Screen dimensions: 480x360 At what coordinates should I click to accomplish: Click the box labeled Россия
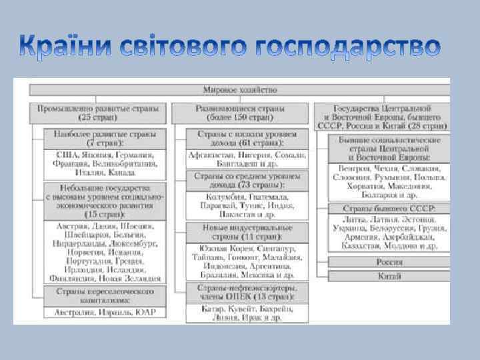pos(389,261)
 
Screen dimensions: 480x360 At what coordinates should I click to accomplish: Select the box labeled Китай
pos(389,275)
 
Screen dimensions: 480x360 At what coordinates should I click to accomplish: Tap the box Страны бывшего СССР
pos(389,209)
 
